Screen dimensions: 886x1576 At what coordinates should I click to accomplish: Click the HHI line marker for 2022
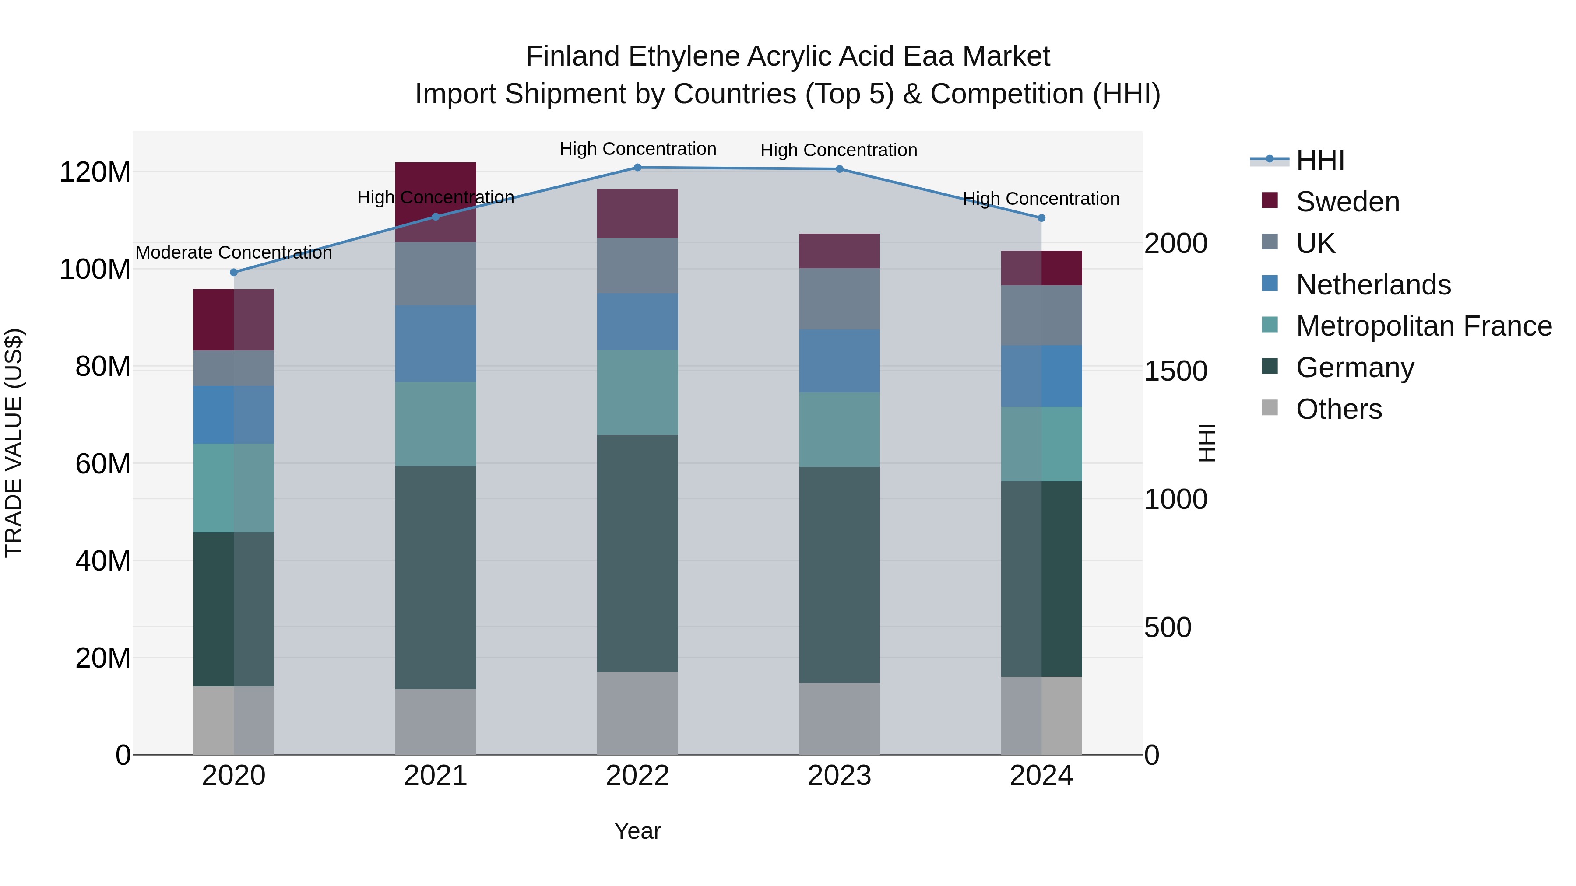(x=637, y=168)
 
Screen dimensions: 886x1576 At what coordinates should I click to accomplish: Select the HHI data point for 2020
(x=234, y=272)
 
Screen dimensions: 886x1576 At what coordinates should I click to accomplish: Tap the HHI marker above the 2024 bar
(x=1041, y=218)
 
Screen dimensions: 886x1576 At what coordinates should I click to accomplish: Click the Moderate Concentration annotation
(x=234, y=252)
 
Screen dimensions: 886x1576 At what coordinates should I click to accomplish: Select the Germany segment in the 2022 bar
(x=637, y=553)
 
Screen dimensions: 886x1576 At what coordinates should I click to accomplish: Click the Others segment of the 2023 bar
(x=839, y=718)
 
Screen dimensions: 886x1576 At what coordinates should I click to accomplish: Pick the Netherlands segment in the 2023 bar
(x=839, y=361)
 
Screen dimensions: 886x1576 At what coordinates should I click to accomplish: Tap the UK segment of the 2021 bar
(x=436, y=274)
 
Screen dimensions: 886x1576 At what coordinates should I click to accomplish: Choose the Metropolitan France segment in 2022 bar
(x=637, y=392)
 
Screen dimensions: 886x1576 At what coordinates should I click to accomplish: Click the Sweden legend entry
(x=1347, y=202)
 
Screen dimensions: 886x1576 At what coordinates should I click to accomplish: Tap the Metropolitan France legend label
(x=1424, y=326)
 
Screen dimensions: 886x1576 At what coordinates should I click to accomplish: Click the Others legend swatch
(x=1270, y=408)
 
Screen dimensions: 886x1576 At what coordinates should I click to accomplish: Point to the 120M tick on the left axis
(x=95, y=172)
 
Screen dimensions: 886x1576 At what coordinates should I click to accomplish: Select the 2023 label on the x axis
(x=839, y=776)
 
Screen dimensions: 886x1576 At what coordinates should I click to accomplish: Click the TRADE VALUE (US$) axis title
(x=14, y=443)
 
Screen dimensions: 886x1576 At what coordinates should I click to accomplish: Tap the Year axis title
(x=637, y=831)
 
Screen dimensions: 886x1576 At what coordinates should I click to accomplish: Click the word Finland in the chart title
(x=573, y=57)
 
